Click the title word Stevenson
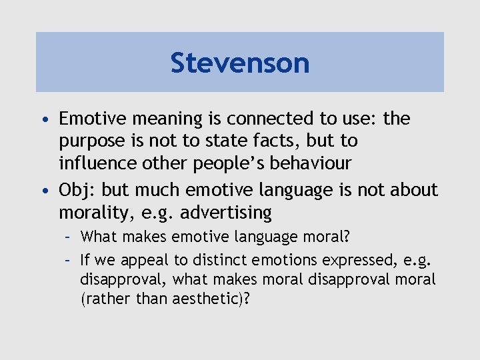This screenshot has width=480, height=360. pos(240,63)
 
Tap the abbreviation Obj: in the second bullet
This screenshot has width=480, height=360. pos(78,190)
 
